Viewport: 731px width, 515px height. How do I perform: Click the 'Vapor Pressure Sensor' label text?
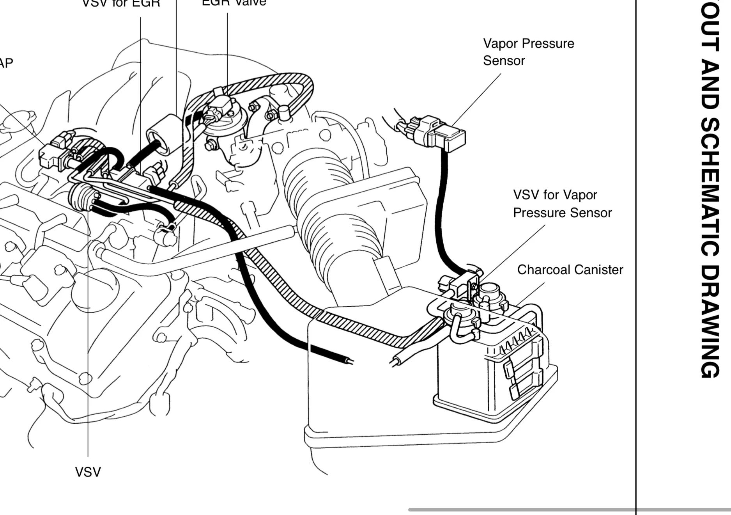pyautogui.click(x=528, y=52)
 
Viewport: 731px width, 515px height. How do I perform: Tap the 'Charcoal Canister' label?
pyautogui.click(x=570, y=270)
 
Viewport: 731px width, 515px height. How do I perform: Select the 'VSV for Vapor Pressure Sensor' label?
pyautogui.click(x=562, y=204)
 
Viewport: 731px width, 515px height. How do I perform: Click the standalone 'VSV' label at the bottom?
pyautogui.click(x=88, y=472)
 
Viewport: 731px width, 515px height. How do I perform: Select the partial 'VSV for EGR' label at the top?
pyautogui.click(x=121, y=4)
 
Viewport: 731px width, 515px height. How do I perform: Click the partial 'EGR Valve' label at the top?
pyautogui.click(x=234, y=3)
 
